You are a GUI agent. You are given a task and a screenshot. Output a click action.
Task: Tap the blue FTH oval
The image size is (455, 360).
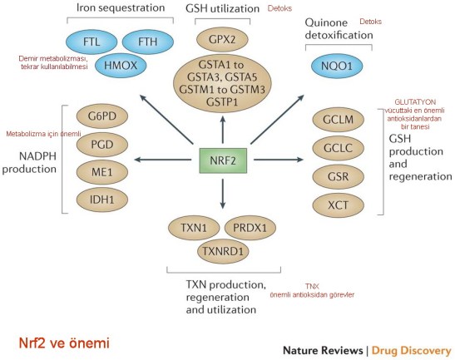coord(146,41)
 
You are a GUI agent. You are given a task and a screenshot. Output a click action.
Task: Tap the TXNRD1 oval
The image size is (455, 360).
coord(221,248)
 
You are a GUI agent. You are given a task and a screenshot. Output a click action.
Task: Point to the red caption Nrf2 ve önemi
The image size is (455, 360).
coord(63,342)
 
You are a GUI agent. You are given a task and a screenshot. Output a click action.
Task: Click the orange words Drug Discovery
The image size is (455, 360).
coord(412,350)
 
